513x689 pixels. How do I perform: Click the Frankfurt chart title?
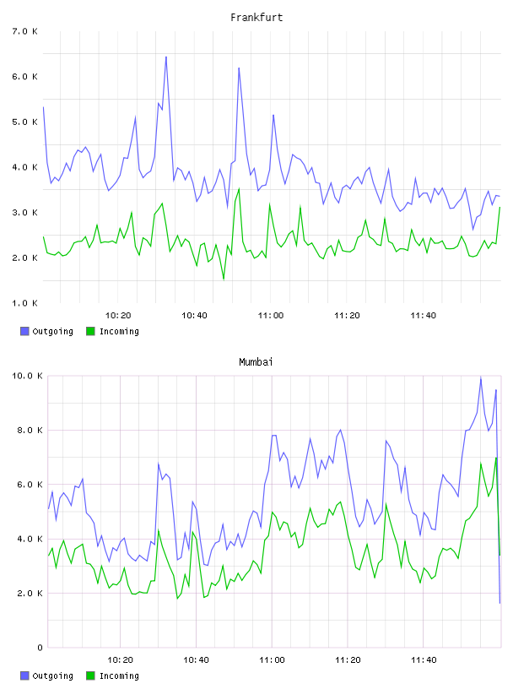coord(256,18)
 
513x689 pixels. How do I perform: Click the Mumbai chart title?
coord(256,362)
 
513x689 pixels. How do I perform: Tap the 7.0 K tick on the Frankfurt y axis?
coord(24,31)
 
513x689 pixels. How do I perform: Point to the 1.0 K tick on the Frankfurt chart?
coord(24,303)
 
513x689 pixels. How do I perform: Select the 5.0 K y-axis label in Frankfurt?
coord(24,122)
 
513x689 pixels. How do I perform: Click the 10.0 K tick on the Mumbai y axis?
coord(27,376)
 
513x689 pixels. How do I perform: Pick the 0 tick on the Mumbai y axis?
coord(40,648)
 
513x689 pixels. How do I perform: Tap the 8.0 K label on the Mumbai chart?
coord(30,431)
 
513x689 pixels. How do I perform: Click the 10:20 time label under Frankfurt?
coord(118,316)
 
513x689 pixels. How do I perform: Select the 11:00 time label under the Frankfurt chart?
coord(271,316)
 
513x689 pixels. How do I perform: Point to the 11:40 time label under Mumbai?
coord(424,660)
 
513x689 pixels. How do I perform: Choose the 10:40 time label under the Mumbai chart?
coord(196,660)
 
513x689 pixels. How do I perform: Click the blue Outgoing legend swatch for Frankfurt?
coord(24,331)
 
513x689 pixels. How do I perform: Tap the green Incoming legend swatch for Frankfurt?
coord(90,331)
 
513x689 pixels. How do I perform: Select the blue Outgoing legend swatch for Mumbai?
coord(24,675)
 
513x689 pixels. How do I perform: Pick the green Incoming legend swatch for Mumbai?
coord(90,675)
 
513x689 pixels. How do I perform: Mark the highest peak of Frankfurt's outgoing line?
coord(166,57)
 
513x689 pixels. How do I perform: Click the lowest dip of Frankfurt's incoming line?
coord(224,279)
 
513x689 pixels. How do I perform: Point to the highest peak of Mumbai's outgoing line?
coord(481,378)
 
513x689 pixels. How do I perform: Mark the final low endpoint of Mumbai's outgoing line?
coord(499,603)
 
